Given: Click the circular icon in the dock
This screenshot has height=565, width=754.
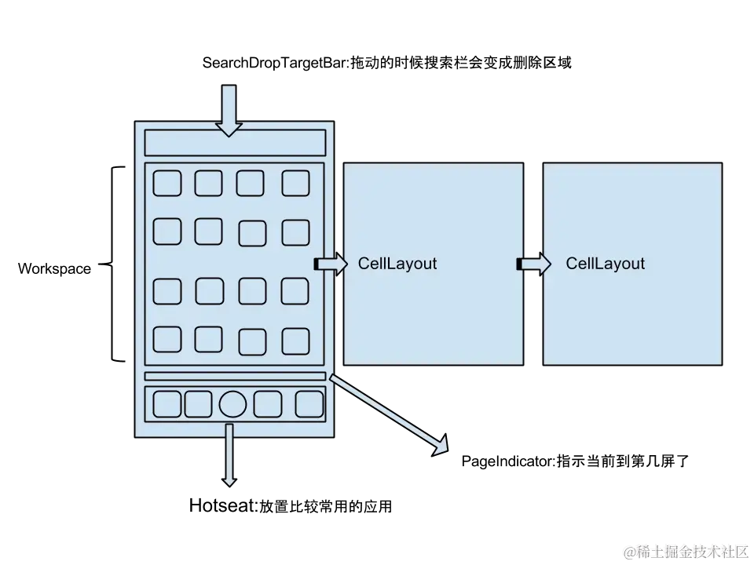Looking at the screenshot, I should (x=232, y=404).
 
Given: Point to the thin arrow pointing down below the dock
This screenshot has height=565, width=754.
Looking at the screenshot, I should (x=229, y=455).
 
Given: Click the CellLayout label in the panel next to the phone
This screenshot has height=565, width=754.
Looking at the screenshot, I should (x=397, y=264).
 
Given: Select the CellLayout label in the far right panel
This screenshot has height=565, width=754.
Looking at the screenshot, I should (x=605, y=264).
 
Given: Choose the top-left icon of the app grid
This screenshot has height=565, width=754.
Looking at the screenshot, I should (x=167, y=183).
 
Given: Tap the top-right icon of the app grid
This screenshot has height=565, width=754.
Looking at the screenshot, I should (x=296, y=183).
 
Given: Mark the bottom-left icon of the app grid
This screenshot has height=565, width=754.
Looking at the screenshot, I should (x=167, y=339).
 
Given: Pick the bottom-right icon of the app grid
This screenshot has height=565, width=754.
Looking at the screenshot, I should (x=296, y=340).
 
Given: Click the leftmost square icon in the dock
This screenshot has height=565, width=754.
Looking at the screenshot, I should (x=167, y=404).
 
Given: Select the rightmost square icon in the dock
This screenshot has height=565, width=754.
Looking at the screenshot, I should (x=309, y=404).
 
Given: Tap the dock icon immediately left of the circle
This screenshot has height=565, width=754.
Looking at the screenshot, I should (x=199, y=404).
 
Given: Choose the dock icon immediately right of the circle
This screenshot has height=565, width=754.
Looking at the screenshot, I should (x=268, y=404).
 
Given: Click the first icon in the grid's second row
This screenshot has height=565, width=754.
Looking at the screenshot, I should (x=167, y=231).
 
